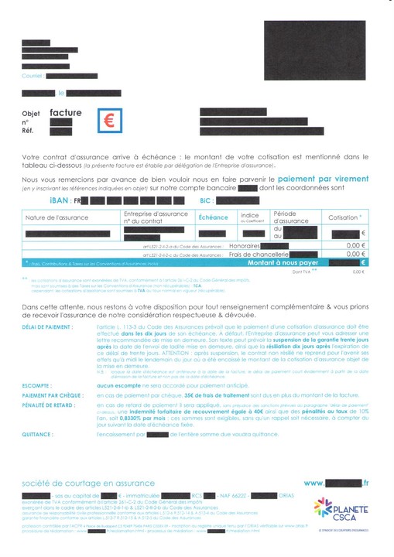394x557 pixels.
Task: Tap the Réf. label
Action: coord(29,131)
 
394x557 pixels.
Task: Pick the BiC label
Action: coord(205,200)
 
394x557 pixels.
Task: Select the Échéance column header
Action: coord(213,217)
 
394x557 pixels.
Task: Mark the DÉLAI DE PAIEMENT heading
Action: coord(49,328)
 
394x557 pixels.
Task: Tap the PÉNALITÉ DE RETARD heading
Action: coord(50,404)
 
